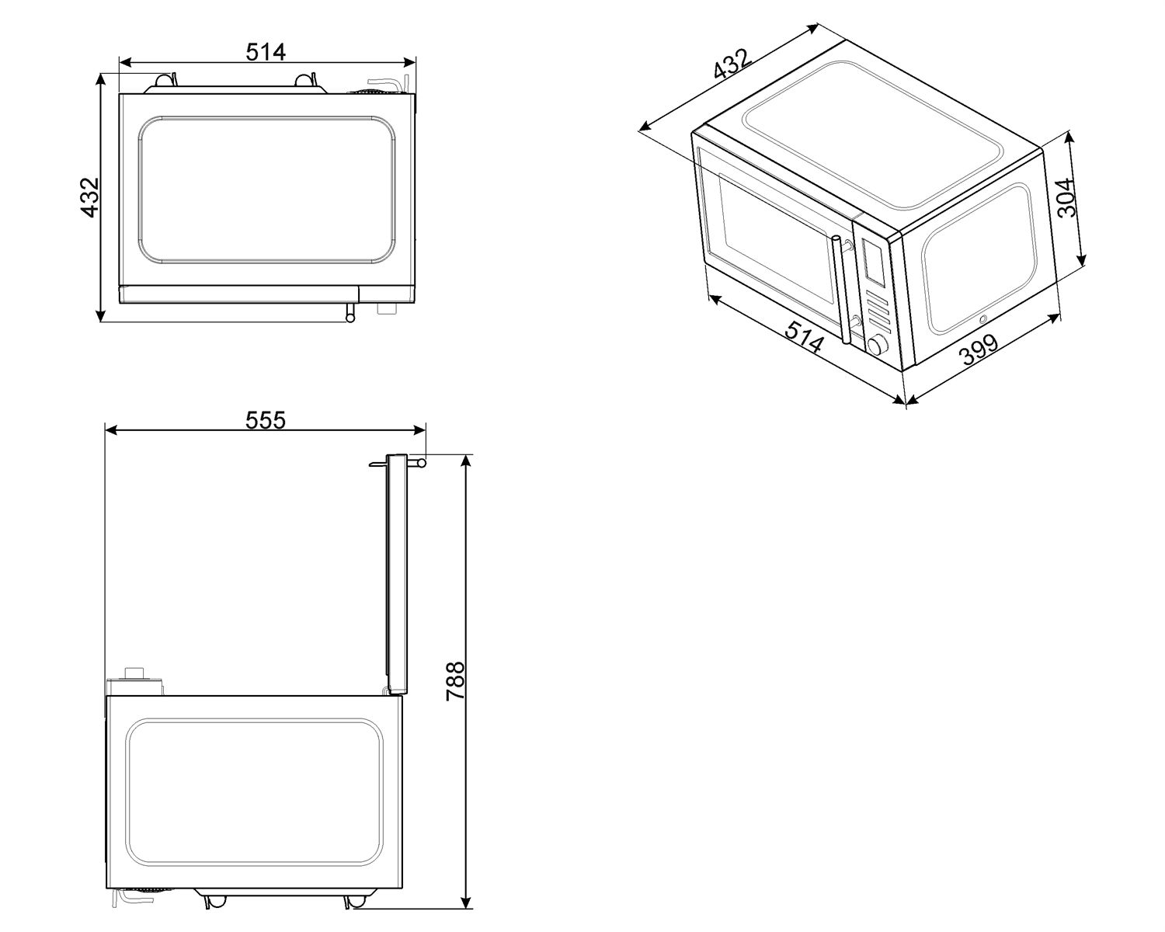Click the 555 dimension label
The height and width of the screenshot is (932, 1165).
[x=266, y=420]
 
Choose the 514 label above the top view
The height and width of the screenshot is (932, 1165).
[x=266, y=52]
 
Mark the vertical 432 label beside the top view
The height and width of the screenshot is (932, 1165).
[x=90, y=197]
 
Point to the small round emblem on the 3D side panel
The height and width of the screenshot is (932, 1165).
[x=983, y=318]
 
